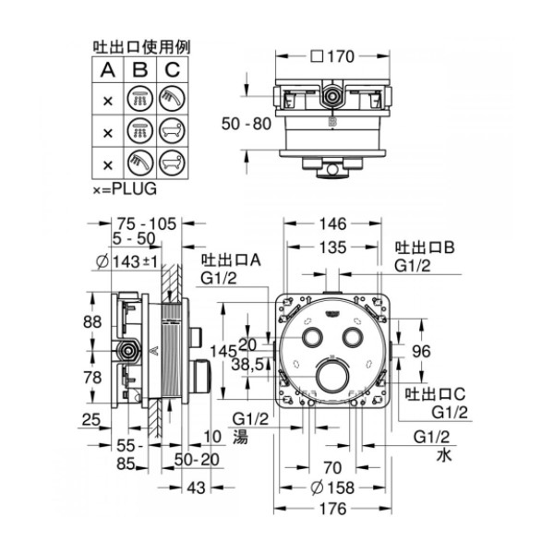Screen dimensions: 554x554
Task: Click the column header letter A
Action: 108,70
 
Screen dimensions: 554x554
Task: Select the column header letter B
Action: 140,70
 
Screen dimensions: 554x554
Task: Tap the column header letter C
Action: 173,70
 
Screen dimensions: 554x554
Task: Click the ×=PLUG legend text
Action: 125,189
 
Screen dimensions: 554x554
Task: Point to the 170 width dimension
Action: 341,56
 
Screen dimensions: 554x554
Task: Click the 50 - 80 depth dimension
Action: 247,124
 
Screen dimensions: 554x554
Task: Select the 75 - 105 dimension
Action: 147,224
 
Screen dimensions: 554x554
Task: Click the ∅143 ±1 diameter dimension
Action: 126,262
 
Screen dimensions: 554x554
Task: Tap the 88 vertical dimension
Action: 92,322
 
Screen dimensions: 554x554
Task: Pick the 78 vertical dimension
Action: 92,378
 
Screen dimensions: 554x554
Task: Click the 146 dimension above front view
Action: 332,224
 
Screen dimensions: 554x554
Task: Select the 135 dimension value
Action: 332,247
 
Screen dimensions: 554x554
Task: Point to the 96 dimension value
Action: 422,351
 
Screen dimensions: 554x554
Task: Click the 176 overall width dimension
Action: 332,509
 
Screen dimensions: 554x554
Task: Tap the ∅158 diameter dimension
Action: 332,488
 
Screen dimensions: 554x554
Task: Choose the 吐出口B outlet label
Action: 425,247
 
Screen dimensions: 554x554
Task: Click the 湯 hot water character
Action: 240,437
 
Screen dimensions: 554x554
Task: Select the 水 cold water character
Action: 444,454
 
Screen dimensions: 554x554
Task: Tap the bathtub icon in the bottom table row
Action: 172,163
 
